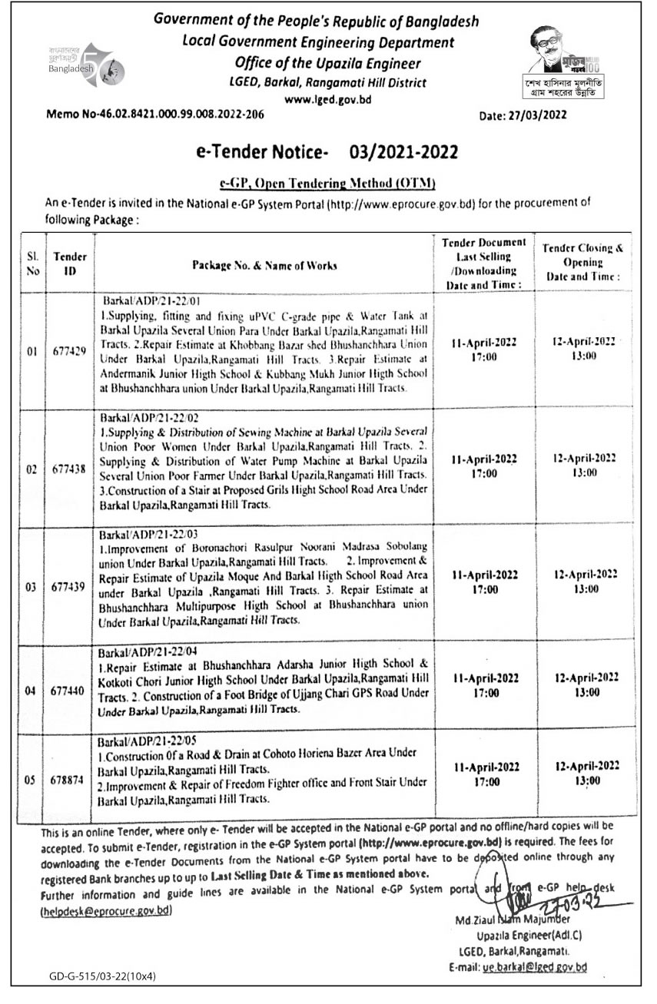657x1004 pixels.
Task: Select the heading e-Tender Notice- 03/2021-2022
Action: pos(326,152)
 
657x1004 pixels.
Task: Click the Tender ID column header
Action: pos(70,263)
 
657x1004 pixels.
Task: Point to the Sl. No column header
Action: pos(32,263)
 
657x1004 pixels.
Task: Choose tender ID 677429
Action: pos(70,352)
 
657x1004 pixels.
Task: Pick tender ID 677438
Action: pos(70,470)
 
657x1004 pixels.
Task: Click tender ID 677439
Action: pos(70,588)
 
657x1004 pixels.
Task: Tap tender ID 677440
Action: pos(70,691)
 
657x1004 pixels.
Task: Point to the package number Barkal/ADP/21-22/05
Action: pos(150,744)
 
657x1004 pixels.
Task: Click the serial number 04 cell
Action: pos(32,691)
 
